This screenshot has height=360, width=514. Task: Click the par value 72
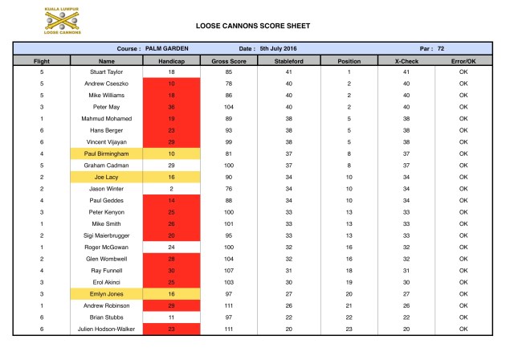(441, 49)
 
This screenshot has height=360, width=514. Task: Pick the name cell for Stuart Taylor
(107, 72)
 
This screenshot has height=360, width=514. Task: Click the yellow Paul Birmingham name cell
(107, 153)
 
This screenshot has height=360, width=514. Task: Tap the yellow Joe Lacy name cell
(107, 177)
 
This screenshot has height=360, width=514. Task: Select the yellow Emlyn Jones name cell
(107, 294)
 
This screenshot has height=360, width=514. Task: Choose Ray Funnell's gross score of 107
(229, 271)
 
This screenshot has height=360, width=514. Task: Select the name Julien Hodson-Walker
(107, 329)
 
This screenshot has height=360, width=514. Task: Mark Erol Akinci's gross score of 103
(229, 283)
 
